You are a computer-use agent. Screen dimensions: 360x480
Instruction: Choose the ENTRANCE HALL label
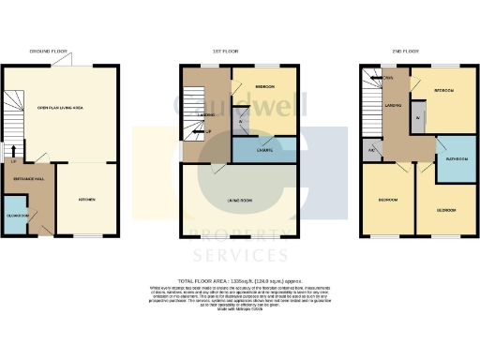[x=25, y=178]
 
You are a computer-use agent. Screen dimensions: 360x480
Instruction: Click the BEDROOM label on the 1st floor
[x=264, y=86]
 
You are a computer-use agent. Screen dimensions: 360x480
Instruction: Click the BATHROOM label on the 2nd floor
[x=457, y=159]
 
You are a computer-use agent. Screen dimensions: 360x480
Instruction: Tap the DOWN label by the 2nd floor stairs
[x=386, y=78]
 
